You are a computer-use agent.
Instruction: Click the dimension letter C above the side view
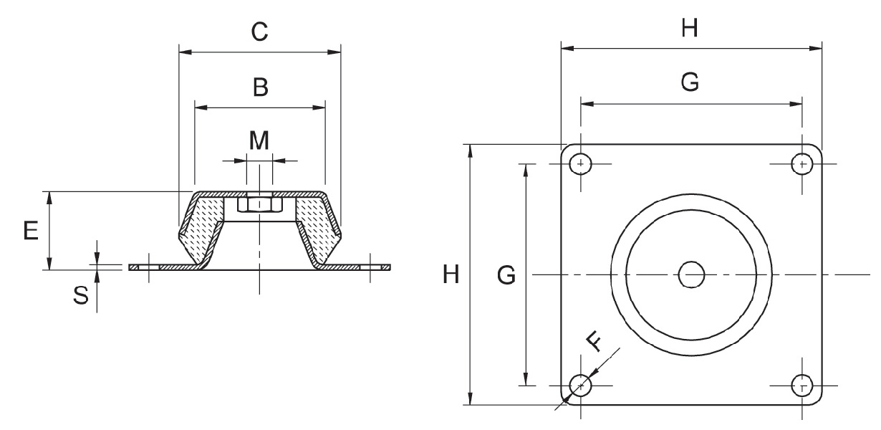(x=259, y=32)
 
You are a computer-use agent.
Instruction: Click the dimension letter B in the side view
(x=260, y=87)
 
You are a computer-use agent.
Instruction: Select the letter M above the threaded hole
(x=259, y=140)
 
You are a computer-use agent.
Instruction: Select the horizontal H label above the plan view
(x=690, y=29)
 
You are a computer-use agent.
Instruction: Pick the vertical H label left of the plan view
(x=451, y=274)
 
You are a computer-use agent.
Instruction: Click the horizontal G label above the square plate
(x=690, y=83)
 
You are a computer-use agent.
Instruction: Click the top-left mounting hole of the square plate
(x=580, y=164)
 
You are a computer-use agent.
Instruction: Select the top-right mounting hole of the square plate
(x=801, y=164)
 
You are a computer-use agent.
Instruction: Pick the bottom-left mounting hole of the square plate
(x=580, y=386)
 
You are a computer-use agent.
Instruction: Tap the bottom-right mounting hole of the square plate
(x=801, y=386)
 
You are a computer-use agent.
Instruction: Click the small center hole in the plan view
(x=691, y=274)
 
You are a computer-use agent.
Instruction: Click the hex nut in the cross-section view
(x=260, y=205)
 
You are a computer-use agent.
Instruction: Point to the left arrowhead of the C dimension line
(x=183, y=52)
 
